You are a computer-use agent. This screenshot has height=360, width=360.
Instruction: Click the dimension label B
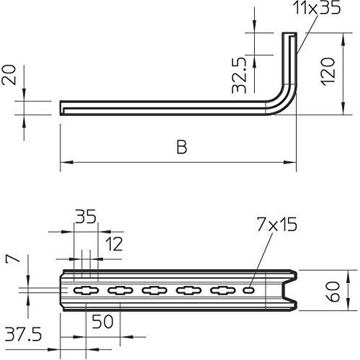(181, 148)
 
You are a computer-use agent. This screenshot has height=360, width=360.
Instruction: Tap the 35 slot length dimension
(86, 217)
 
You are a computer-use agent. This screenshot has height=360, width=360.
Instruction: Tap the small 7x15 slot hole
(249, 291)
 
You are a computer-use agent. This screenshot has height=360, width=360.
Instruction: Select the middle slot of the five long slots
(154, 291)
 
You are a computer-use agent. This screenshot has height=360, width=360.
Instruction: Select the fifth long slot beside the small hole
(223, 291)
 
